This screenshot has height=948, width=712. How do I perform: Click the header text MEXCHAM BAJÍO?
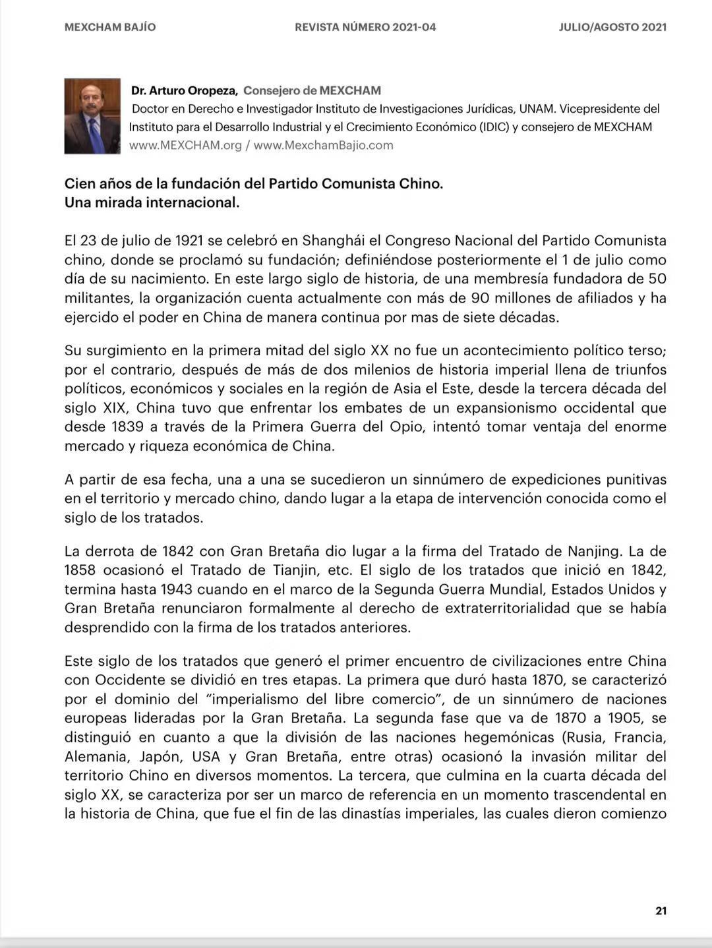pyautogui.click(x=110, y=28)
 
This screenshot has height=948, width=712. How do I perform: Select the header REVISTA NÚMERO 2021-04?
pyautogui.click(x=365, y=28)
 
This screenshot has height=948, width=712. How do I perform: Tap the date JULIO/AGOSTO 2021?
pyautogui.click(x=612, y=28)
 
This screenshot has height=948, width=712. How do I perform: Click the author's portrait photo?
pyautogui.click(x=92, y=116)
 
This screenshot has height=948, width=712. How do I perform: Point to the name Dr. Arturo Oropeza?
pyautogui.click(x=184, y=91)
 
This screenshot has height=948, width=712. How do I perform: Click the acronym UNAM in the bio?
pyautogui.click(x=536, y=109)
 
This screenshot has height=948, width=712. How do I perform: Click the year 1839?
pyautogui.click(x=127, y=427)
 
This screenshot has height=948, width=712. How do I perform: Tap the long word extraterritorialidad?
pyautogui.click(x=507, y=608)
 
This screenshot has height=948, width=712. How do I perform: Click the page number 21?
pyautogui.click(x=661, y=911)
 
